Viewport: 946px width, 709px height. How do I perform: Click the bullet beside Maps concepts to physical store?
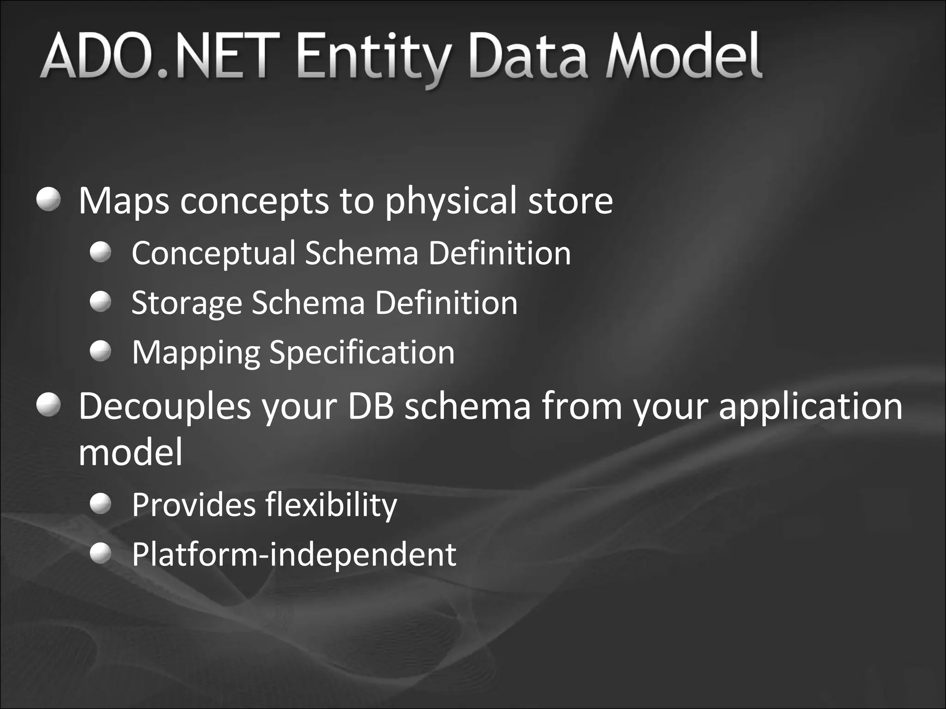pyautogui.click(x=49, y=199)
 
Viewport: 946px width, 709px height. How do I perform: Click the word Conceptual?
pyautogui.click(x=213, y=253)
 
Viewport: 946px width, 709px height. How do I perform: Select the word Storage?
pyautogui.click(x=187, y=304)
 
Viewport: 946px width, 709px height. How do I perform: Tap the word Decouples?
pyautogui.click(x=164, y=406)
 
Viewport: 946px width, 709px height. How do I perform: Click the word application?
pyautogui.click(x=810, y=406)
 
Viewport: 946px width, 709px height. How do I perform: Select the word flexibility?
pyautogui.click(x=331, y=505)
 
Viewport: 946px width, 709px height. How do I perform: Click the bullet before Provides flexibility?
pyautogui.click(x=101, y=504)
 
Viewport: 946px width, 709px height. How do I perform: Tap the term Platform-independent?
pyautogui.click(x=294, y=554)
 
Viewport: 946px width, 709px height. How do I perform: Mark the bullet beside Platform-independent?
pyautogui.click(x=101, y=553)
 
